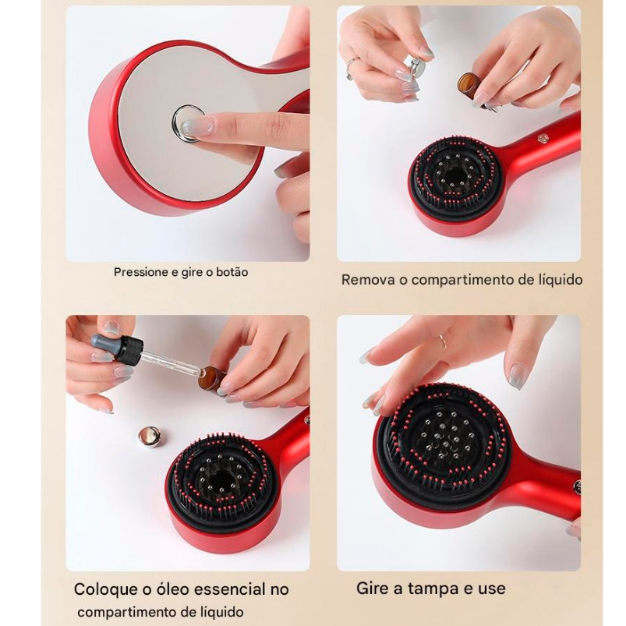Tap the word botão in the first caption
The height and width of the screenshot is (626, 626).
coord(232,272)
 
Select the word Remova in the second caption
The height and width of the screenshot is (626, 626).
coord(369,280)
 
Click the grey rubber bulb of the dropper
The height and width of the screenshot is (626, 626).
coord(104,341)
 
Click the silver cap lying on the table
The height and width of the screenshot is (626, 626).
coord(150,437)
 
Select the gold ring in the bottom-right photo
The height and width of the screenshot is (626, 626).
coord(442,342)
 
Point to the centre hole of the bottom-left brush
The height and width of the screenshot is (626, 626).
coord(220,478)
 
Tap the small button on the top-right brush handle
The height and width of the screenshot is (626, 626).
coord(542,138)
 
